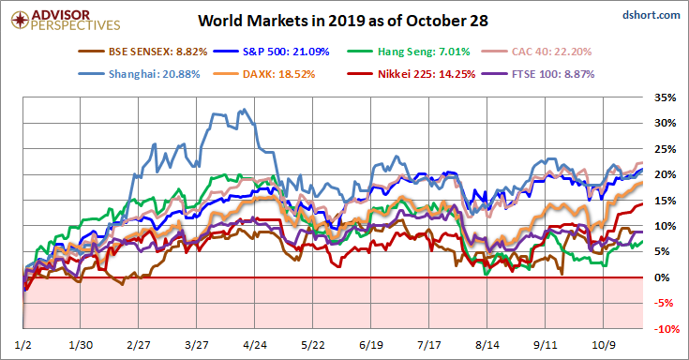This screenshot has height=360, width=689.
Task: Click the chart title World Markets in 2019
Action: click(x=345, y=20)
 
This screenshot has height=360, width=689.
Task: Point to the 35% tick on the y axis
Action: click(x=666, y=97)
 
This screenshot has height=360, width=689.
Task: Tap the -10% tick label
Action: click(x=665, y=330)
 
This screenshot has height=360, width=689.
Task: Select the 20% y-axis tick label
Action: click(x=666, y=175)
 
